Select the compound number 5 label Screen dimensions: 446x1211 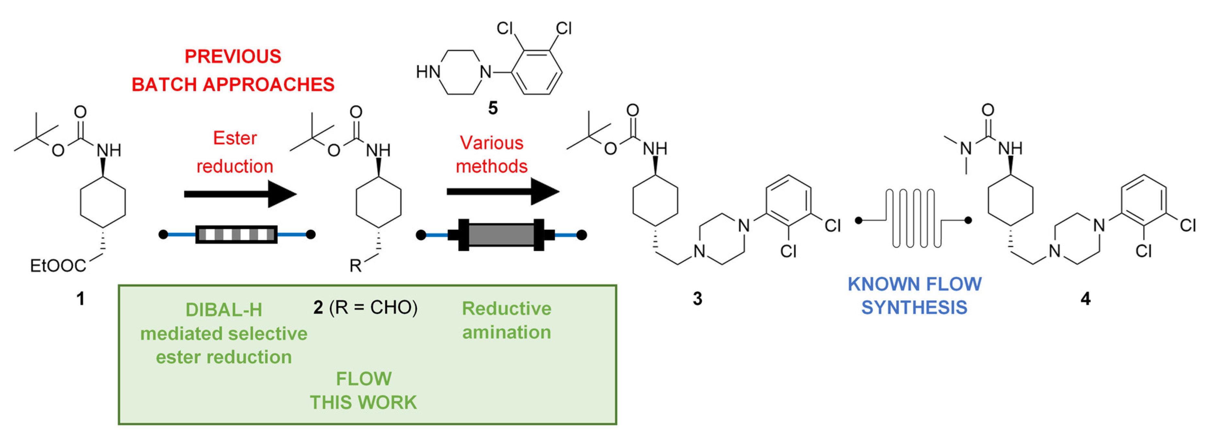pyautogui.click(x=493, y=108)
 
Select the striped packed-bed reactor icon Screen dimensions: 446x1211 pyautogui.click(x=236, y=234)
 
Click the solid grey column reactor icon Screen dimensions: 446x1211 pyautogui.click(x=501, y=234)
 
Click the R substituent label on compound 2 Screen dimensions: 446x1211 pyautogui.click(x=355, y=266)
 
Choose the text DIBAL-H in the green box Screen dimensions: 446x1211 pyautogui.click(x=224, y=310)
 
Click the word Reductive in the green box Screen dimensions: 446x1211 pyautogui.click(x=506, y=309)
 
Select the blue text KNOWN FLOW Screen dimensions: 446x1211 pyautogui.click(x=914, y=284)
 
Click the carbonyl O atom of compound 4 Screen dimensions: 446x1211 pyautogui.click(x=988, y=110)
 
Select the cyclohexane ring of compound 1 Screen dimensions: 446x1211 pyautogui.click(x=103, y=202)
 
